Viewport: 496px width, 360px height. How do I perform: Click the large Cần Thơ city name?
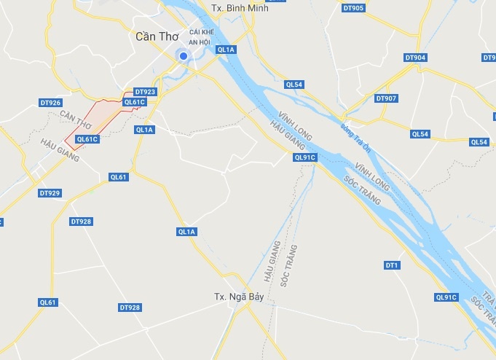pos(157,36)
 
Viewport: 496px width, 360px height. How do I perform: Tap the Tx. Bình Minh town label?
pos(238,8)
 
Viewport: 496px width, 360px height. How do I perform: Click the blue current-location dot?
pos(184,56)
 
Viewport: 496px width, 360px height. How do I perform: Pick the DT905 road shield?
pos(353,8)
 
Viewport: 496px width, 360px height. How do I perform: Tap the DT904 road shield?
pos(414,58)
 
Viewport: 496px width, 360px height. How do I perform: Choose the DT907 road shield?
pos(386,98)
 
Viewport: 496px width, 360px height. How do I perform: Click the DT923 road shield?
pos(145,92)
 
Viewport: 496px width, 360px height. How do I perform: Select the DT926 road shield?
pos(50,103)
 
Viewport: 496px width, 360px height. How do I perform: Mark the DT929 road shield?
pos(50,193)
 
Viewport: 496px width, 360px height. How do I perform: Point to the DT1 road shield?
pos(392,265)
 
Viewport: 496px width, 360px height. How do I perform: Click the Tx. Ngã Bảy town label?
pos(238,297)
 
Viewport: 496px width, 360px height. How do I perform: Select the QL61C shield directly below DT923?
pos(135,102)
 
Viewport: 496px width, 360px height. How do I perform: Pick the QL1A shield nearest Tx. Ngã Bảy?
pos(187,232)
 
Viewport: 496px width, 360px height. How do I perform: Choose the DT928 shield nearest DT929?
pos(81,222)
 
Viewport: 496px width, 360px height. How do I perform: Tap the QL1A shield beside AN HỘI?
pos(227,50)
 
